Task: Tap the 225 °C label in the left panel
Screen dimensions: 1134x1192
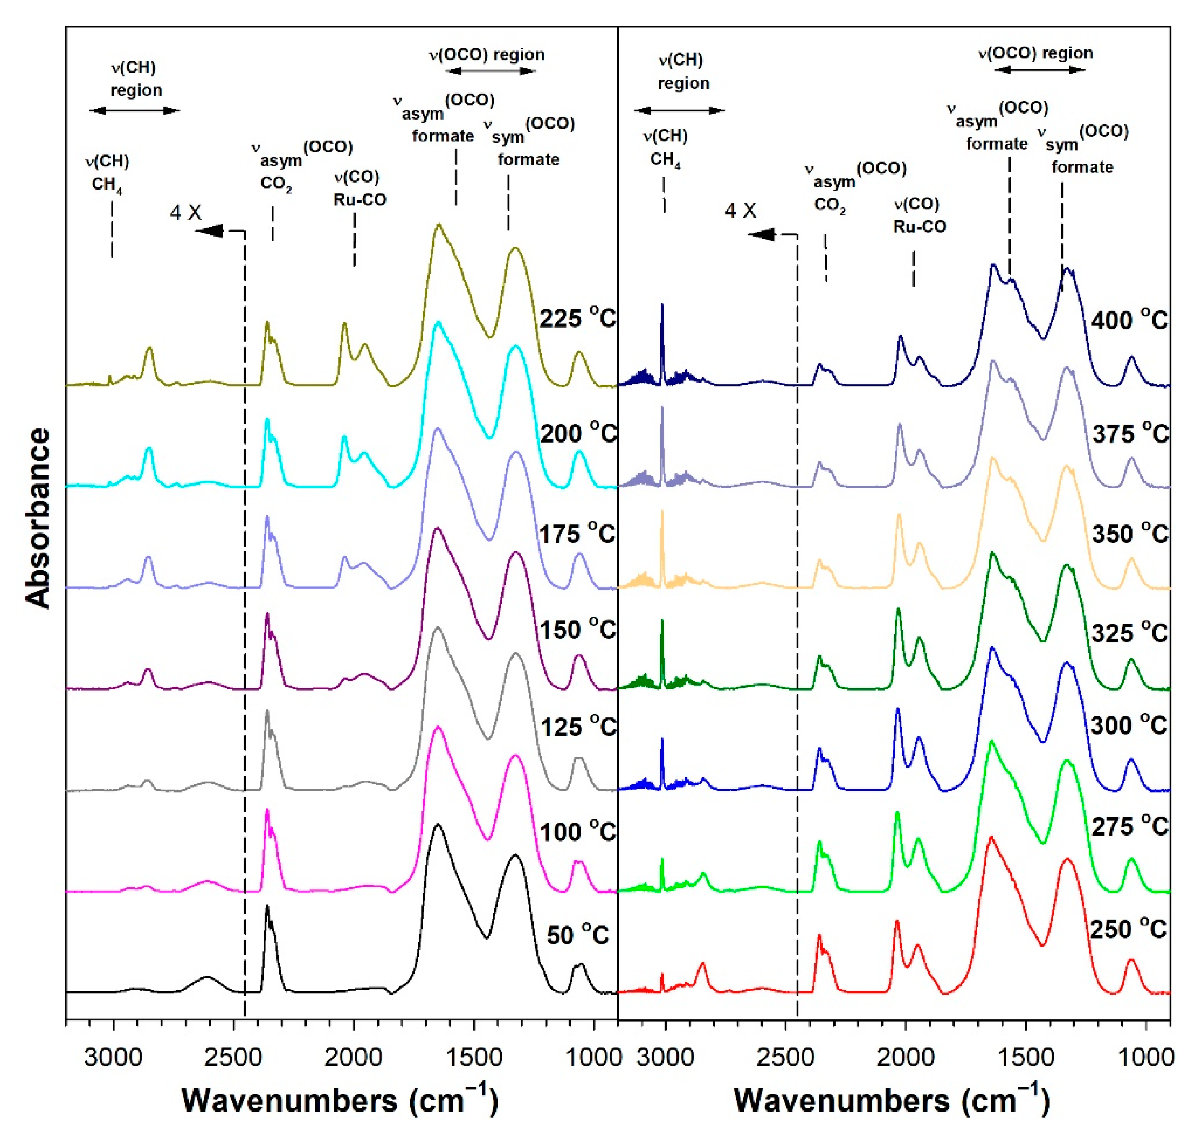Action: [577, 318]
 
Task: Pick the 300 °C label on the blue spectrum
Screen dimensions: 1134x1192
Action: [1128, 724]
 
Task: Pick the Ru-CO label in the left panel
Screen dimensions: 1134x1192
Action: [359, 200]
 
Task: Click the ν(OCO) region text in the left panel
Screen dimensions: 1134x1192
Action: [487, 55]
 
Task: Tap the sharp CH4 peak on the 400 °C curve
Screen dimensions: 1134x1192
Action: [662, 306]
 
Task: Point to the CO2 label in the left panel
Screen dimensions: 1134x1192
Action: [276, 184]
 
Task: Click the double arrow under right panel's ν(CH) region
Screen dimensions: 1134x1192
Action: [679, 111]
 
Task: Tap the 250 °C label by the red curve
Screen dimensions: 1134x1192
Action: [1128, 928]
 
